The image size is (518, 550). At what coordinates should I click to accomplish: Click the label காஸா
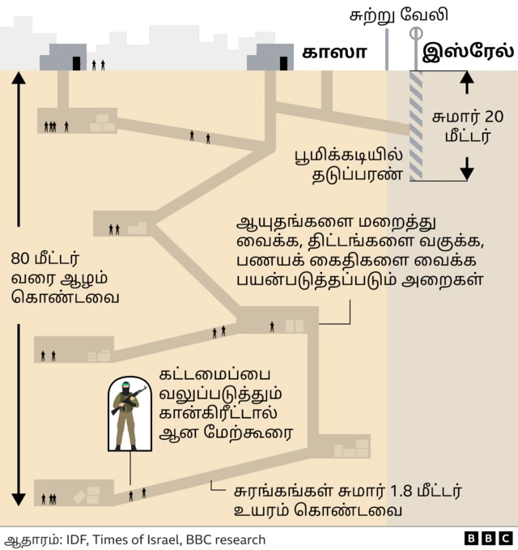pyautogui.click(x=334, y=53)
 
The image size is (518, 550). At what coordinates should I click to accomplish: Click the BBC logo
pyautogui.click(x=488, y=539)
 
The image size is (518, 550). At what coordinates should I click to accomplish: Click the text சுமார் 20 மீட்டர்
pyautogui.click(x=468, y=126)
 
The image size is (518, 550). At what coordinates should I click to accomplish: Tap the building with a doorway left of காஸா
pyautogui.click(x=271, y=58)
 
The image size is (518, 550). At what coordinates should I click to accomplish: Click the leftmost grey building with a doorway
pyautogui.click(x=64, y=58)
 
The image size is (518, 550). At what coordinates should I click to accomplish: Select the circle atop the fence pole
pyautogui.click(x=416, y=33)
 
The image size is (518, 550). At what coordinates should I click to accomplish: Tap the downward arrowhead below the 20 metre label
pyautogui.click(x=467, y=173)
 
